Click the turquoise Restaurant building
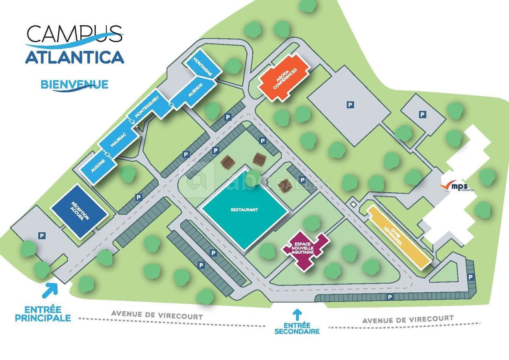click(x=244, y=210)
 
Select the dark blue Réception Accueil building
click(x=79, y=211)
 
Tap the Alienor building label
click(x=196, y=92)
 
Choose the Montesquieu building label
click(x=147, y=106)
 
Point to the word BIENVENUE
click(x=74, y=85)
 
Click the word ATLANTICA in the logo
click(x=75, y=57)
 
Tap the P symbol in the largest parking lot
click(x=350, y=105)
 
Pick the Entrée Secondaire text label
click(x=297, y=328)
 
